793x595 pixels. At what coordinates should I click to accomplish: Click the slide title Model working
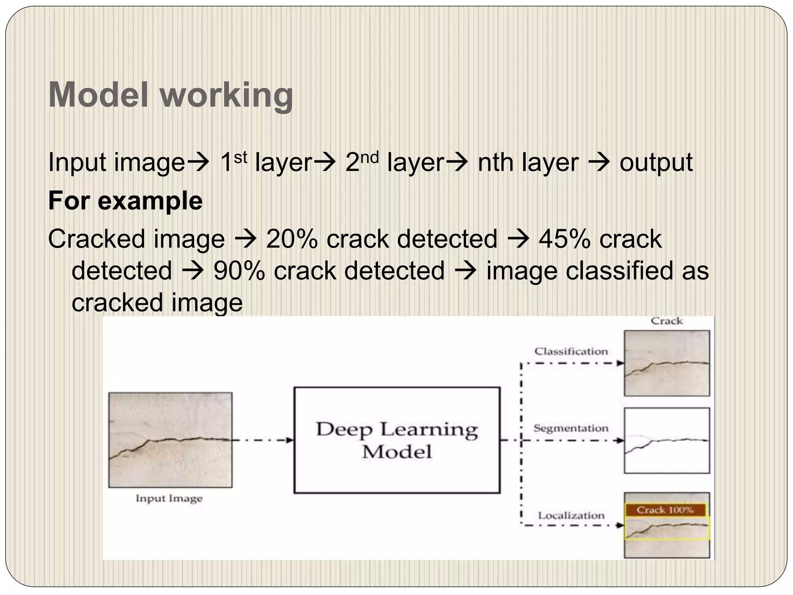[x=170, y=95]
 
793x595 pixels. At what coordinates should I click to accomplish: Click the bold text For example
[x=125, y=201]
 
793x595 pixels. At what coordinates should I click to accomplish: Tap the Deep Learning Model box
[x=397, y=440]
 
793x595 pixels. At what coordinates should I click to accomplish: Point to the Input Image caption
[x=169, y=498]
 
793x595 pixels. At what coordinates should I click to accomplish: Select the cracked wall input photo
[x=170, y=440]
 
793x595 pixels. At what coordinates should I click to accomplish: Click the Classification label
[x=571, y=351]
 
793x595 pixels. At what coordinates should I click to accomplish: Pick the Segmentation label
[x=571, y=428]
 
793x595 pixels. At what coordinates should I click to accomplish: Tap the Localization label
[x=571, y=516]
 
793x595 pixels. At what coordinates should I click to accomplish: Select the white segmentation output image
[x=667, y=440]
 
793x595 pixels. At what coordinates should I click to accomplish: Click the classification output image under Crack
[x=667, y=363]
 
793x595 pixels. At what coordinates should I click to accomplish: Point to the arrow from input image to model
[x=263, y=440]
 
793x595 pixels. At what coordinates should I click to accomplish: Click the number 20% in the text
[x=292, y=239]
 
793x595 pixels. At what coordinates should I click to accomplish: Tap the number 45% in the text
[x=565, y=239]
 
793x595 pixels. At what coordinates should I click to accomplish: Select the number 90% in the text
[x=239, y=271]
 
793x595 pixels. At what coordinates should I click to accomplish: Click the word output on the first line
[x=656, y=163]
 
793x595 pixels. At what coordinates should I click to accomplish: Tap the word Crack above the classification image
[x=667, y=321]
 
